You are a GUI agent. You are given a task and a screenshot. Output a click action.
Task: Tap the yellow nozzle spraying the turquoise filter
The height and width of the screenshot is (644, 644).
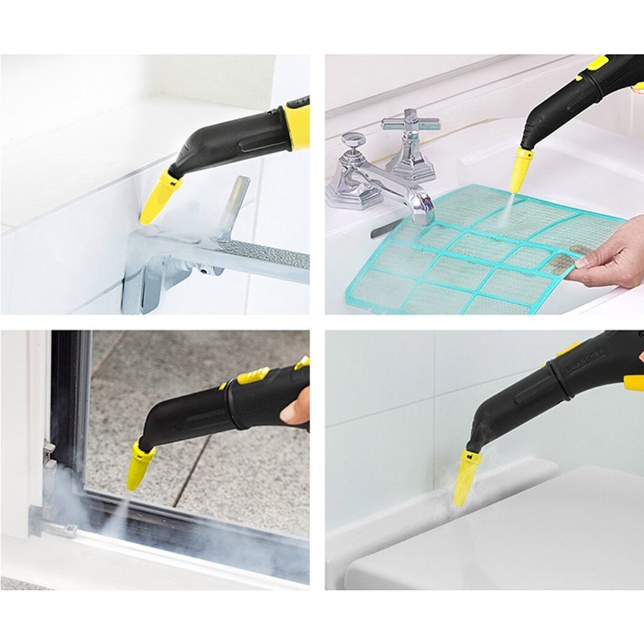click(x=521, y=171)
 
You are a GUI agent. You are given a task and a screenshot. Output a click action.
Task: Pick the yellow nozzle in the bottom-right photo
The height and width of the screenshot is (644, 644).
click(x=466, y=477)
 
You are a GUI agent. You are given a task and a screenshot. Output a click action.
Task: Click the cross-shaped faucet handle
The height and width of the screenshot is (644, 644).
click(x=410, y=123)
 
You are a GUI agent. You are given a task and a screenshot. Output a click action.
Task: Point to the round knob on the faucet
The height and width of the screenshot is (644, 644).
click(x=353, y=140)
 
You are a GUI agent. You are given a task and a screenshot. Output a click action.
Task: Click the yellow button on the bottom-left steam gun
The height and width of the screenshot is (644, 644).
click(x=253, y=375)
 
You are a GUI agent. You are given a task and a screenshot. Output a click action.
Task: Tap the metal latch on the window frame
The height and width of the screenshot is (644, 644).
click(x=48, y=454)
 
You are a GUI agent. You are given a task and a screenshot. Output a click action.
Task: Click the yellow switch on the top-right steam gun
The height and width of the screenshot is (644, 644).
click(x=597, y=62)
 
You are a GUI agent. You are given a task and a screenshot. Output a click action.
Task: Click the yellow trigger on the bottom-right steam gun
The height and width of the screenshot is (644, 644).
click(x=634, y=383)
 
